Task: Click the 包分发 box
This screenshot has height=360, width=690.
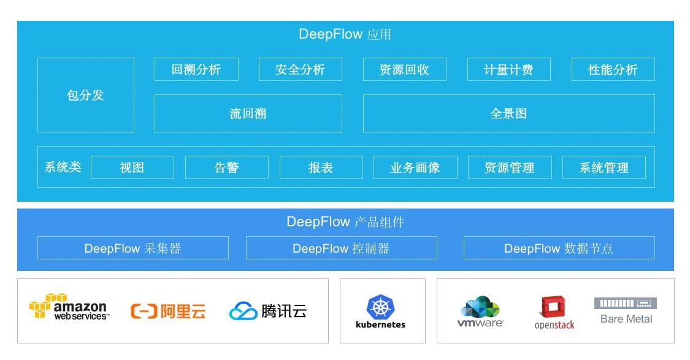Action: coord(85,95)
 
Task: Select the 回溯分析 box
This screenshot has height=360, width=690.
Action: coord(196,69)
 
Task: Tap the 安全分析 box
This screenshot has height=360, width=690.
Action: coord(300,69)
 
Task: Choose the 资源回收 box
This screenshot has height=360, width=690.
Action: coord(404,69)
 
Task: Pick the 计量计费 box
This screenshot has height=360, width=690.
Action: coord(508,69)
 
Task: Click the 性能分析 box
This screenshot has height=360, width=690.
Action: coord(613,69)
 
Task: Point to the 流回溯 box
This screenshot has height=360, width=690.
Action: coord(248,113)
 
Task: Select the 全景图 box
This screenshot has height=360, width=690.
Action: coord(508,113)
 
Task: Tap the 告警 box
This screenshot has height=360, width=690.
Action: coord(226,167)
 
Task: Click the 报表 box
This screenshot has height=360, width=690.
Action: coord(321,167)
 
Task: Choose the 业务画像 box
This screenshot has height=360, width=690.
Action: coord(415,167)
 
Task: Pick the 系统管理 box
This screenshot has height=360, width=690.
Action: coord(604,167)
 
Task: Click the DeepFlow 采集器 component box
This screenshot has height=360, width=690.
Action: coord(132,248)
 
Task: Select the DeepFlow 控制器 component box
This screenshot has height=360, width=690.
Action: coord(341,248)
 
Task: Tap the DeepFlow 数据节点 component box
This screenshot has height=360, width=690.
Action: coord(559,248)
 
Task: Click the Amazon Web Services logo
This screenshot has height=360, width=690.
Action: coord(69,307)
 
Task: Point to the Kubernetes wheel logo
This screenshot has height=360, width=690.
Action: coord(380,307)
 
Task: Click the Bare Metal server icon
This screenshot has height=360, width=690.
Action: coord(625,303)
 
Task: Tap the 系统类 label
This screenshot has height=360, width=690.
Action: coord(63,167)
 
